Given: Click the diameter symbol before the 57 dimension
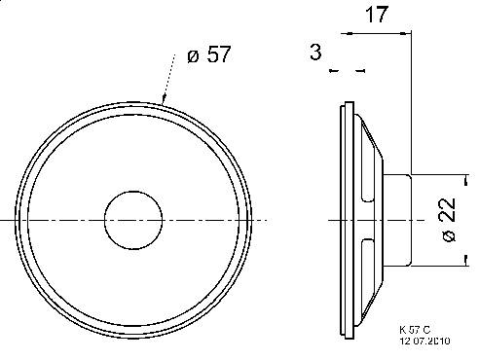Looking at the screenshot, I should [193, 55].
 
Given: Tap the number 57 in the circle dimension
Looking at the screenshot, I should [219, 54].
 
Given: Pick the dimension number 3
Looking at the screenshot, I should [315, 54].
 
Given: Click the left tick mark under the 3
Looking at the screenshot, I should [333, 71].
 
